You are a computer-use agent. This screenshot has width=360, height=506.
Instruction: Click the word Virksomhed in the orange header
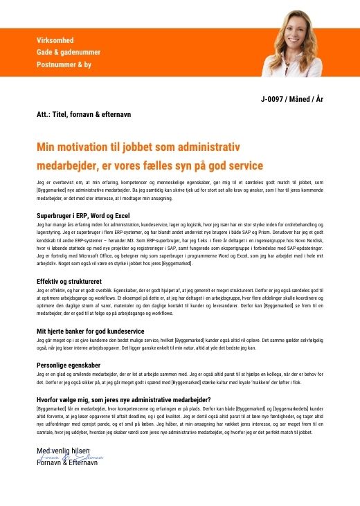coord(55,41)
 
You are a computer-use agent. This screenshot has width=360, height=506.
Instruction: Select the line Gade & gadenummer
coord(69,53)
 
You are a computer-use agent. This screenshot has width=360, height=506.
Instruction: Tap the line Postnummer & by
coord(64,64)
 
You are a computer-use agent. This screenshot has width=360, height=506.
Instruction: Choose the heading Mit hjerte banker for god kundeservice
coord(90,332)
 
